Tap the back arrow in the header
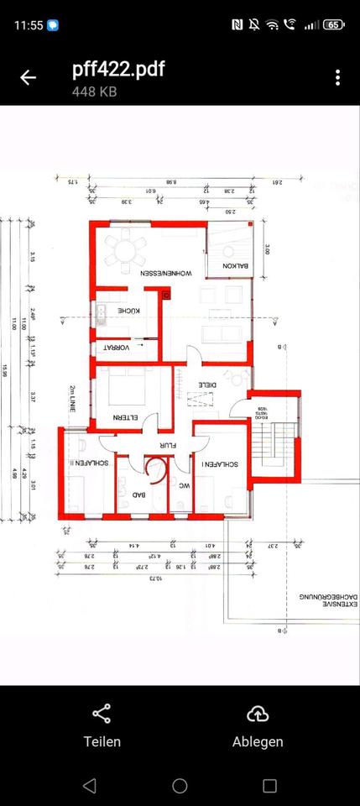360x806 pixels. click(29, 77)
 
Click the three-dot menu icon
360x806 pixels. click(337, 77)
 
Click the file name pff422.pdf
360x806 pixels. click(118, 69)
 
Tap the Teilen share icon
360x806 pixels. click(102, 714)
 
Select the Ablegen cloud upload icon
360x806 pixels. click(258, 714)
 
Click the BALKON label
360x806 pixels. click(230, 267)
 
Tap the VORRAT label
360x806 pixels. click(117, 347)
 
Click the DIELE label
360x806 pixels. click(206, 384)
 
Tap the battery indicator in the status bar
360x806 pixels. click(333, 25)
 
